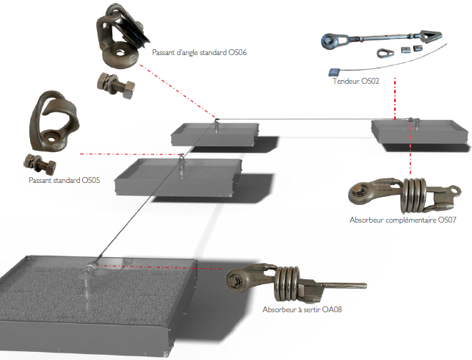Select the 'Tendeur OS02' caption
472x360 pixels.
pyautogui.click(x=355, y=80)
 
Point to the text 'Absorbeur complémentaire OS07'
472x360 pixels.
pyautogui.click(x=404, y=220)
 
